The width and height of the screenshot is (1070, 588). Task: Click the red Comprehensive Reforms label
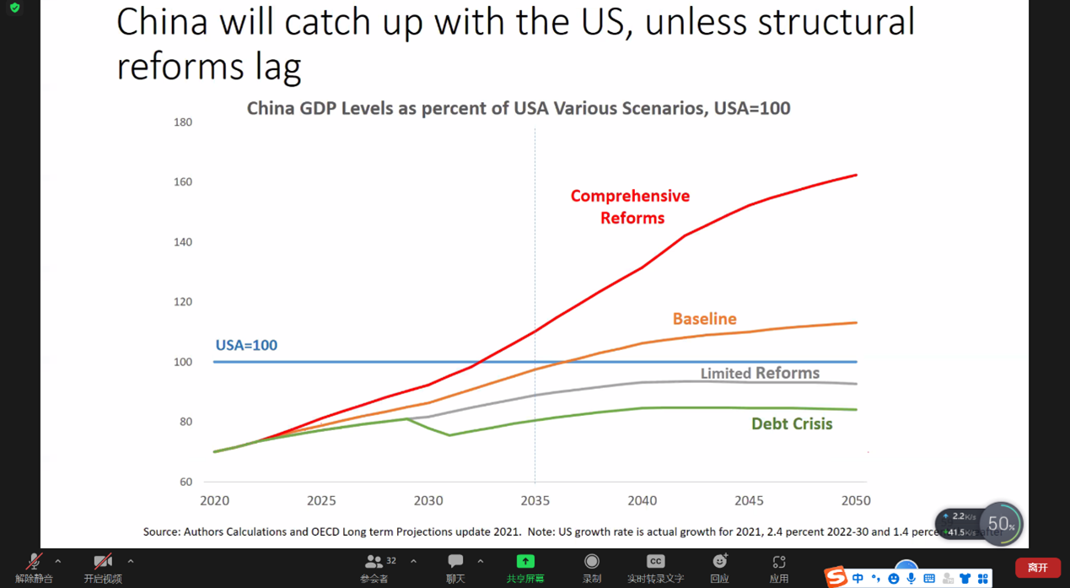630,207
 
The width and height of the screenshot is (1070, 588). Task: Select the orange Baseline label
704,319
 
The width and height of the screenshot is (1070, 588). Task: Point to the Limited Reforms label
760,373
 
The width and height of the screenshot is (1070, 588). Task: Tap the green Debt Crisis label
792,423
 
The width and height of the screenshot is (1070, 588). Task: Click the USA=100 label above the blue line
246,345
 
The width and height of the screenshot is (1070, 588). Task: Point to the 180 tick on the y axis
183,122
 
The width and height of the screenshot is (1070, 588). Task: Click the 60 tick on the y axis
186,482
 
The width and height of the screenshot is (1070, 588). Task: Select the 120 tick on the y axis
183,302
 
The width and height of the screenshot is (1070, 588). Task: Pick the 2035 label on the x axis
535,500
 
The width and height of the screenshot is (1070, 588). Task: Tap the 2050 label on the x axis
855,500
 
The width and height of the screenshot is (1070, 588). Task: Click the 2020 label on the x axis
214,500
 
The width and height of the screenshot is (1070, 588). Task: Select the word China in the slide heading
162,23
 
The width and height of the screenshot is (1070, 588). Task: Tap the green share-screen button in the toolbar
524,562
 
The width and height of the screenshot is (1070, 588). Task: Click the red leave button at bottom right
1037,568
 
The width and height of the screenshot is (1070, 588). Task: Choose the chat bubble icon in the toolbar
455,561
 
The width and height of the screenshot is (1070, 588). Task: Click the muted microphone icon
34,562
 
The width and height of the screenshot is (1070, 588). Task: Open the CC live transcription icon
655,562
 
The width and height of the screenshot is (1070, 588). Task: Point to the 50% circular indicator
1001,524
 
